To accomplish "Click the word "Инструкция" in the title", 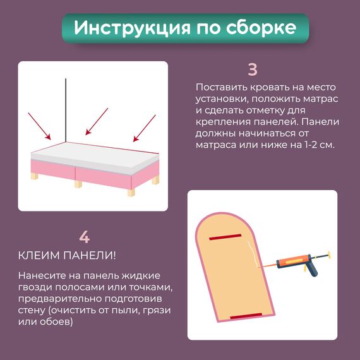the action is (x=132, y=28).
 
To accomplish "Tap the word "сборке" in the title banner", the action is (x=261, y=28).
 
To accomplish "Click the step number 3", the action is (x=253, y=69).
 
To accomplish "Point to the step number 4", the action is (x=84, y=237).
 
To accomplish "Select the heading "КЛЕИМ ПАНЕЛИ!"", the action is (x=67, y=256).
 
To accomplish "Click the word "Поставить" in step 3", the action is (x=221, y=87).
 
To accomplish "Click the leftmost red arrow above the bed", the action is (x=39, y=126).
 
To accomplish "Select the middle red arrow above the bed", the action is (x=97, y=121).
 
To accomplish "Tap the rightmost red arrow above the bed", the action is (x=145, y=128).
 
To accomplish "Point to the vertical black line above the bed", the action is (x=66, y=111).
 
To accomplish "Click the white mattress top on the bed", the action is (x=95, y=155).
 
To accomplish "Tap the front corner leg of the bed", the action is (x=131, y=192).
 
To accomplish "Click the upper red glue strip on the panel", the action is (x=225, y=237).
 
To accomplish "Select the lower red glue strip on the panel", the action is (x=246, y=316).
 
